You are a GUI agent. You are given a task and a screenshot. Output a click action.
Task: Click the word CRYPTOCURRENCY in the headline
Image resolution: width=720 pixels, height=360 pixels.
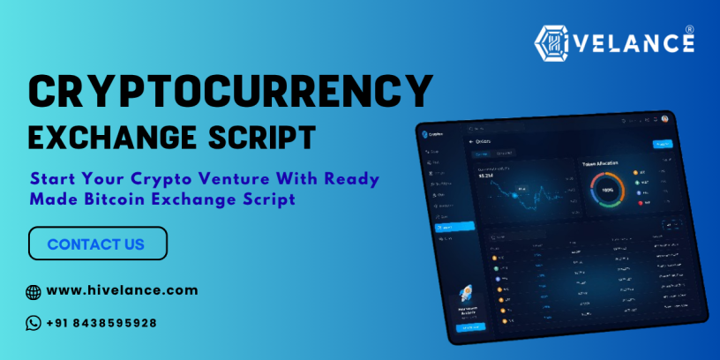point(231,93)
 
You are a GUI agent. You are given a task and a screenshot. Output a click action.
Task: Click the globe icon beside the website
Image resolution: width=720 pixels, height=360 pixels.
point(34,291)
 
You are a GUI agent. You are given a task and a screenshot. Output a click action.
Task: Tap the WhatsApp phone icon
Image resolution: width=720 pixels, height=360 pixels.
point(34,323)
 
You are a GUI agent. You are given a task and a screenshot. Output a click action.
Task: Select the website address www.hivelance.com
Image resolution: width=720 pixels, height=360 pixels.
point(122,290)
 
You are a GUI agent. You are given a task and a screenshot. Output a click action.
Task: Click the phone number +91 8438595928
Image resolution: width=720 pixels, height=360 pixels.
point(101,323)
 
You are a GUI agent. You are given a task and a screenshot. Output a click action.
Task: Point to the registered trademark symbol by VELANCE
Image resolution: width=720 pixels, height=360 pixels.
point(689,29)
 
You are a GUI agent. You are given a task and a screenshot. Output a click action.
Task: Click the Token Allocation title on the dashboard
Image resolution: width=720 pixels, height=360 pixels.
point(600,163)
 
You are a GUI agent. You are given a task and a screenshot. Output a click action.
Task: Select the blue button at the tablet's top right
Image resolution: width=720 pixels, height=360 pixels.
point(661,144)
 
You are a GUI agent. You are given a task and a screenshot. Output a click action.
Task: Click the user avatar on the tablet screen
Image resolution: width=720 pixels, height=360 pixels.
point(664,118)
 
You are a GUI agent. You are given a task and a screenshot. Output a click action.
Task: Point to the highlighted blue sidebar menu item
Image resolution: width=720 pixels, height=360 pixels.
point(455,227)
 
